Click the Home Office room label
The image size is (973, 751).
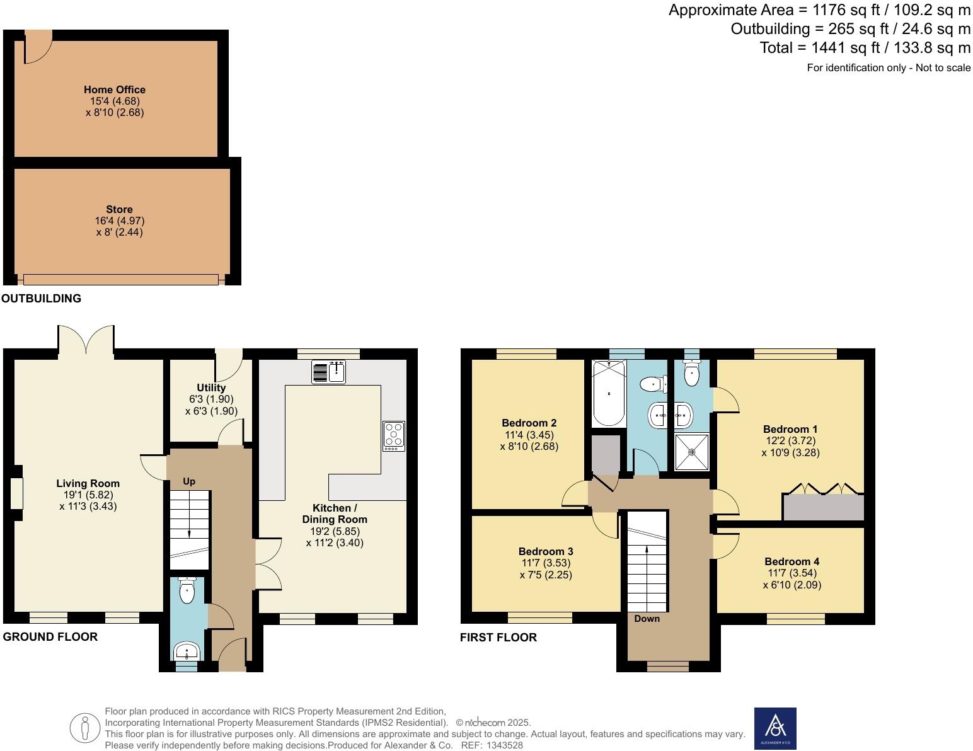[115, 89]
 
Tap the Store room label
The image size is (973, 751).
[119, 209]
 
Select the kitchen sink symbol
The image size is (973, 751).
[328, 372]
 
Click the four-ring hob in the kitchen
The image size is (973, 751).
[394, 436]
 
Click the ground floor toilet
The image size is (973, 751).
[187, 590]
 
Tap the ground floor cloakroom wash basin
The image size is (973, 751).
[187, 651]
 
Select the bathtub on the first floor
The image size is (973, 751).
[609, 394]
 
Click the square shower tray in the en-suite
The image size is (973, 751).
[691, 452]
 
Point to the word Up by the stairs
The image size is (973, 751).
[189, 481]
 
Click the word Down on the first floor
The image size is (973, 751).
[647, 619]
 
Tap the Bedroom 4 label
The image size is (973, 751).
[792, 561]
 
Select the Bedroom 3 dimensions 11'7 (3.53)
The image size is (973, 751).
[546, 563]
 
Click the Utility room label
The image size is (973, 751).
[211, 387]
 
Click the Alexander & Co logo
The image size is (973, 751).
[775, 728]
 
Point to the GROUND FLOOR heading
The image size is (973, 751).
[50, 636]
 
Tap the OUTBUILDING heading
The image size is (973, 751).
[42, 298]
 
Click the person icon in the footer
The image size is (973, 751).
[84, 728]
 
